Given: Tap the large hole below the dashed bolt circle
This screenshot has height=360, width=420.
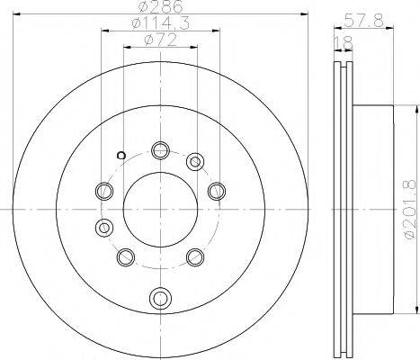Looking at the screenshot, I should (x=160, y=296).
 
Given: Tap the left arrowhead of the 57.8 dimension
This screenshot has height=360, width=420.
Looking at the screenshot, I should (x=335, y=26).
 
